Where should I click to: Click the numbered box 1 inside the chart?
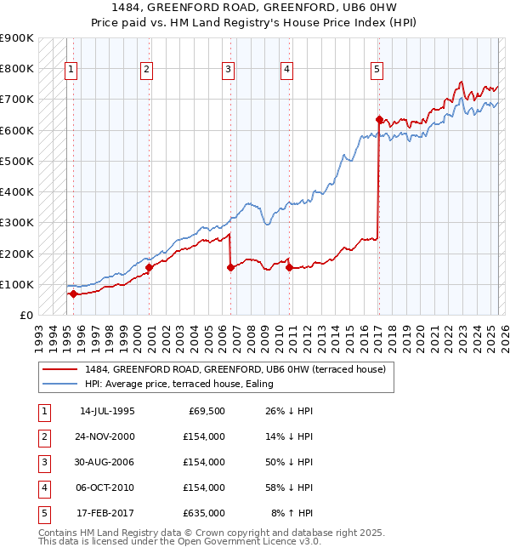[x=71, y=70]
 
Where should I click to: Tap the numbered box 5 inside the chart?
[x=377, y=70]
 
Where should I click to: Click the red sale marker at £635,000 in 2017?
[x=378, y=119]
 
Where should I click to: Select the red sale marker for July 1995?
[x=73, y=294]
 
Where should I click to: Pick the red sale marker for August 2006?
[x=230, y=267]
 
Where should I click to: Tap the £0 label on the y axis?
[x=25, y=315]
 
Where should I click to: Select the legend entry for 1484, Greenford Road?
[x=235, y=369]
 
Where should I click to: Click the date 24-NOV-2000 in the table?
[x=107, y=436]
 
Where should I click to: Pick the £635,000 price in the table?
[x=204, y=513]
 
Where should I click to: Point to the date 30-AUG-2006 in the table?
[x=107, y=462]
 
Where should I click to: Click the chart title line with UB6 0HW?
[x=256, y=8]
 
